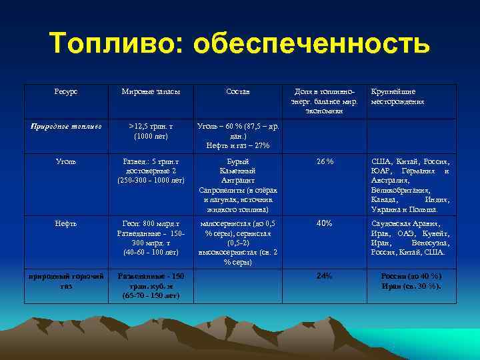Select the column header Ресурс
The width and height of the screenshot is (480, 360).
[x=66, y=91]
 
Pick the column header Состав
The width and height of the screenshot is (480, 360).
[x=238, y=91]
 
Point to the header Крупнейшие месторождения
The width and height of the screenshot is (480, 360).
[x=397, y=97]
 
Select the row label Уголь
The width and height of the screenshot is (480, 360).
[x=66, y=161]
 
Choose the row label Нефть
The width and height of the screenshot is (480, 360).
[x=66, y=223]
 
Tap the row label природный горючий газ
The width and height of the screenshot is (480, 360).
[x=66, y=280]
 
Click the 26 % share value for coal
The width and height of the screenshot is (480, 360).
[x=325, y=161]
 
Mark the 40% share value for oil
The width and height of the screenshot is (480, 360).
[x=325, y=223]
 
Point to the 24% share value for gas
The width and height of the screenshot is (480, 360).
[x=325, y=275]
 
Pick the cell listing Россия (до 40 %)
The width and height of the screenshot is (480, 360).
[x=410, y=281]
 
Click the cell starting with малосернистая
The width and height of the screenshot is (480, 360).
[x=238, y=243]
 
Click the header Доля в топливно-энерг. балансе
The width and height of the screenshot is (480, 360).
[x=325, y=101]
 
